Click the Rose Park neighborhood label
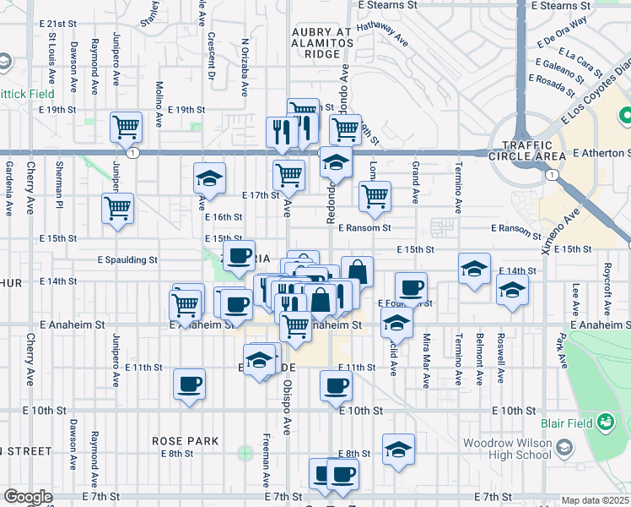[186, 441]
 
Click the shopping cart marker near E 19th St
[126, 128]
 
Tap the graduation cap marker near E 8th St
[398, 449]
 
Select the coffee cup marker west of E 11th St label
[189, 384]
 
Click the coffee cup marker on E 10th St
[336, 386]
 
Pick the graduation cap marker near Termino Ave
[475, 270]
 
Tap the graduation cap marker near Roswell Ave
[511, 291]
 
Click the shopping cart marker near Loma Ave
[375, 196]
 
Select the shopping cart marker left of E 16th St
[118, 208]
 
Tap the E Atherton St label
[600, 153]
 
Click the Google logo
[28, 497]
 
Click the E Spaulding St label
[127, 259]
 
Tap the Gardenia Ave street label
[8, 188]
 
